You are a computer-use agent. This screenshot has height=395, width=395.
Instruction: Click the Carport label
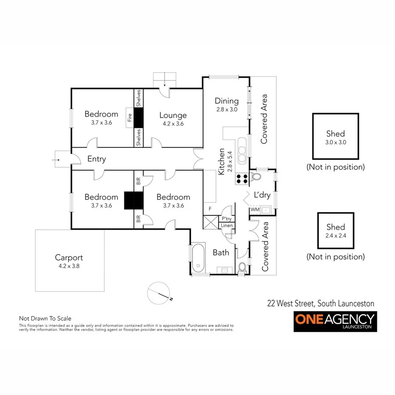[69, 258]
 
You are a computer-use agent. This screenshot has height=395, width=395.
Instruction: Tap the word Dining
[226, 101]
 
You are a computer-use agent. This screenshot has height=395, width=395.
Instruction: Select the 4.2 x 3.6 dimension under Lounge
[173, 124]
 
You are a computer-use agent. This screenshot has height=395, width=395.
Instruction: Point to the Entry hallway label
[96, 159]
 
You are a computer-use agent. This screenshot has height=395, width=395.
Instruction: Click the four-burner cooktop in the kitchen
[241, 178]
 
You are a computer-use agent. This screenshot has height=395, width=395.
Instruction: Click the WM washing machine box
[255, 210]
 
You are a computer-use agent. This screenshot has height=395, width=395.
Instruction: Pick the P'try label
[226, 219]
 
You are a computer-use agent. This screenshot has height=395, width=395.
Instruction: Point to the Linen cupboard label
[226, 226]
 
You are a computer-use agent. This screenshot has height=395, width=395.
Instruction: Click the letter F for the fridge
[210, 209]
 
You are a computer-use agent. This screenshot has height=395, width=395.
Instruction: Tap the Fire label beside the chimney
[129, 117]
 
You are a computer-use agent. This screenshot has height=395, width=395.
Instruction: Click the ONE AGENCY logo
[335, 321]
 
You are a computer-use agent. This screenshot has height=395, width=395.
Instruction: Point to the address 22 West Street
[321, 303]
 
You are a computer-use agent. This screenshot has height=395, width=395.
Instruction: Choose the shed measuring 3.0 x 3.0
[335, 136]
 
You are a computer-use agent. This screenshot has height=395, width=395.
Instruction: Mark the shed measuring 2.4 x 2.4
[335, 230]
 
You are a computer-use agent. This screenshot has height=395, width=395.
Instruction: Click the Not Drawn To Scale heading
[45, 319]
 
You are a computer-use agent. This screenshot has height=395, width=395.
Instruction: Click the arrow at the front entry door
[57, 160]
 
